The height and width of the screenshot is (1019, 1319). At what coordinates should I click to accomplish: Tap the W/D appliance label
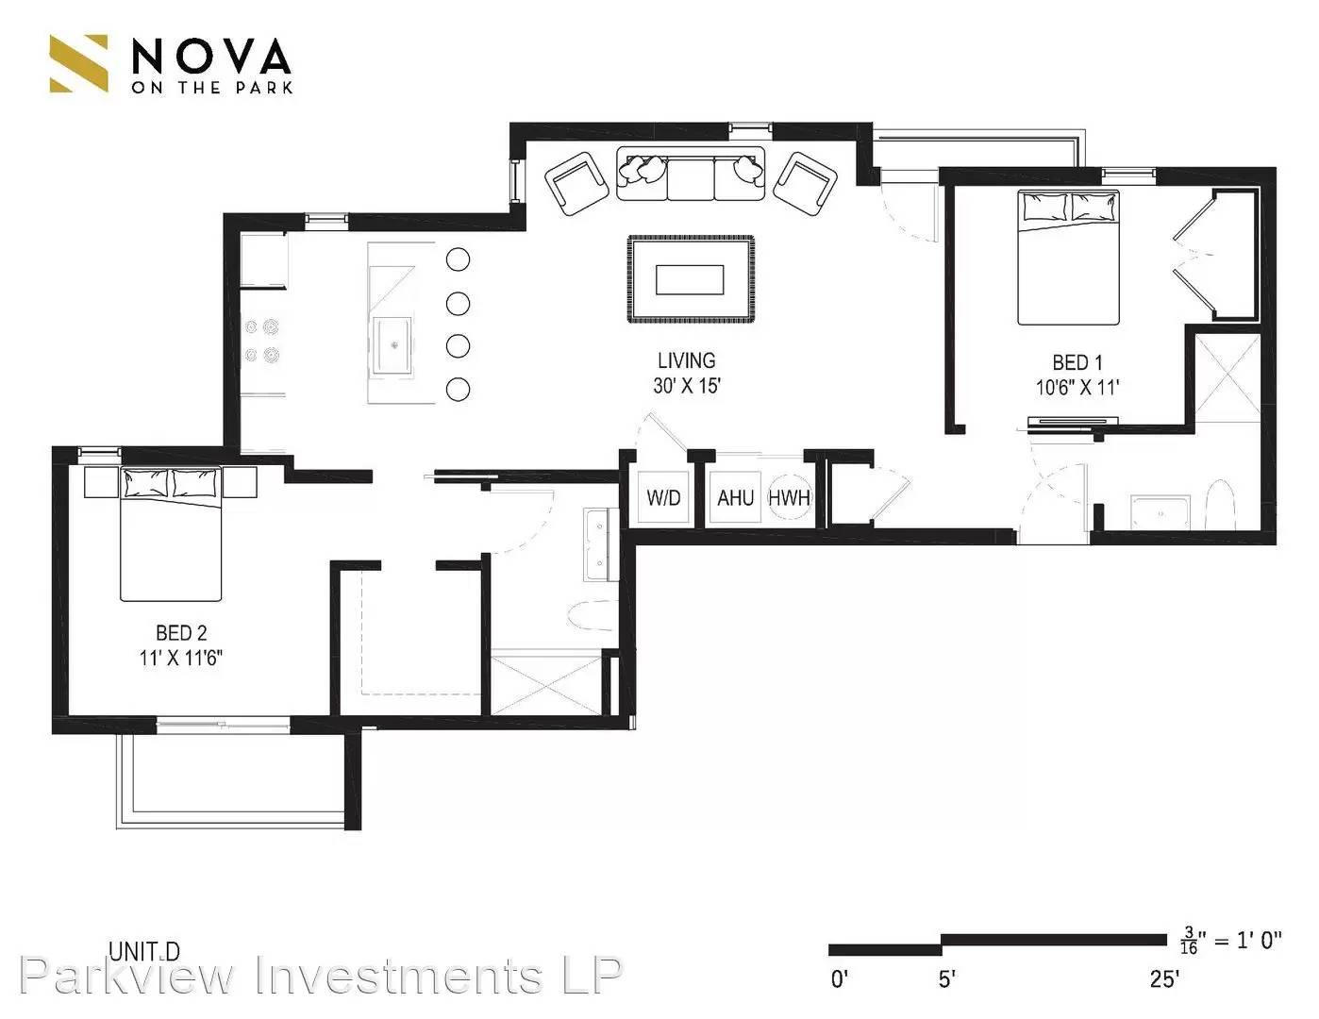pos(662,497)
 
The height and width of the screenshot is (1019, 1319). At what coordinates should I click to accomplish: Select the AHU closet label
pos(735,497)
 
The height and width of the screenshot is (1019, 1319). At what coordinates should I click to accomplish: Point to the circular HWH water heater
pos(789,497)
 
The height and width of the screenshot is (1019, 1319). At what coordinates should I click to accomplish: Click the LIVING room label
pos(686,360)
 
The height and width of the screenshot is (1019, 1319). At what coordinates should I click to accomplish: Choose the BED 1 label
pos(1077,362)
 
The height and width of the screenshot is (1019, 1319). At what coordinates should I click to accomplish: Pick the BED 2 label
pos(180,633)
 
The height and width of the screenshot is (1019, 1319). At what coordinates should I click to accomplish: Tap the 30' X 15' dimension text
pos(686,386)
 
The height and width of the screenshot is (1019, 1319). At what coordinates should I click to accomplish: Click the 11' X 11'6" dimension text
pos(180,658)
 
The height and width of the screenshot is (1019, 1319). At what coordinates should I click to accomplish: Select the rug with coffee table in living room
pos(691,279)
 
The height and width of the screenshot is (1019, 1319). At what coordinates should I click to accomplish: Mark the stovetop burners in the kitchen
pos(262,341)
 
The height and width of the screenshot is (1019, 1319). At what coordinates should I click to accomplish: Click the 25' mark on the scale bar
pos(1164,979)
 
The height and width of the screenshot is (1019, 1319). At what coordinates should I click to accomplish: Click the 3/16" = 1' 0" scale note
pos(1231,940)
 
